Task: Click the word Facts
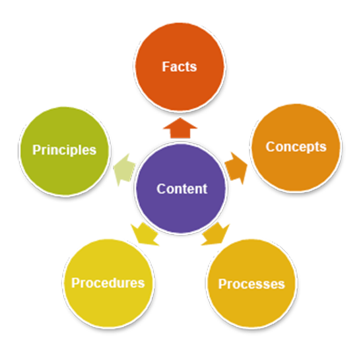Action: point(180,67)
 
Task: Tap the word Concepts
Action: point(296,146)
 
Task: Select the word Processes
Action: point(251,284)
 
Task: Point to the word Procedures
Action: point(108,283)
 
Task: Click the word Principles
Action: point(64,149)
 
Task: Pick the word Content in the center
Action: point(181,188)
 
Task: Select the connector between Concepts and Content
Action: point(238,162)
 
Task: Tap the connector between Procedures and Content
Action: point(144,234)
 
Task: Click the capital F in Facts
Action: point(166,67)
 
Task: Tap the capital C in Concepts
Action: point(271,146)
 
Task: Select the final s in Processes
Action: point(282,285)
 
